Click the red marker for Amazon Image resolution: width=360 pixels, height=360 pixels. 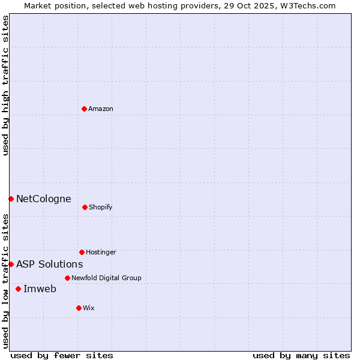click(85, 109)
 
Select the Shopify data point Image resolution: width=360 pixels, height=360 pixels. click(85, 207)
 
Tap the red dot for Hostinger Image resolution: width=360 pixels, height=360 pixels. click(82, 252)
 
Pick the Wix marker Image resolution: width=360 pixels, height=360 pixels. click(79, 308)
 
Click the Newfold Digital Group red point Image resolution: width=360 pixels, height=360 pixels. click(67, 278)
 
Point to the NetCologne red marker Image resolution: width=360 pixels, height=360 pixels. click(11, 199)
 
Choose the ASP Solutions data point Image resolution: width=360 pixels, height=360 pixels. click(11, 264)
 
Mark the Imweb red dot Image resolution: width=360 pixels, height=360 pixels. click(18, 289)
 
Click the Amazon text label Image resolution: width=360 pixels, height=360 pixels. click(101, 109)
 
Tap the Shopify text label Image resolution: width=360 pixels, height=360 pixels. click(101, 208)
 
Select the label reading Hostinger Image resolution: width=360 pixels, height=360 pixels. click(101, 253)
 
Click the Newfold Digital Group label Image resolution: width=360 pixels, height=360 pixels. click(106, 278)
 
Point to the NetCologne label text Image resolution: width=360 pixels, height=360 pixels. click(44, 199)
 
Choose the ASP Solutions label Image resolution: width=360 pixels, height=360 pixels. click(50, 265)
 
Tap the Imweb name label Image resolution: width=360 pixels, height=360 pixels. click(40, 289)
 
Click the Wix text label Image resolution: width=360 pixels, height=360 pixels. click(89, 308)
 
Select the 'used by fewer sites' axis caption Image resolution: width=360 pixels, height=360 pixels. click(62, 356)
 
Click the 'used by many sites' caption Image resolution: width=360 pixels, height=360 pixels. click(301, 356)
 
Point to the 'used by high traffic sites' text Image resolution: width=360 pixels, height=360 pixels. click(5, 85)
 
